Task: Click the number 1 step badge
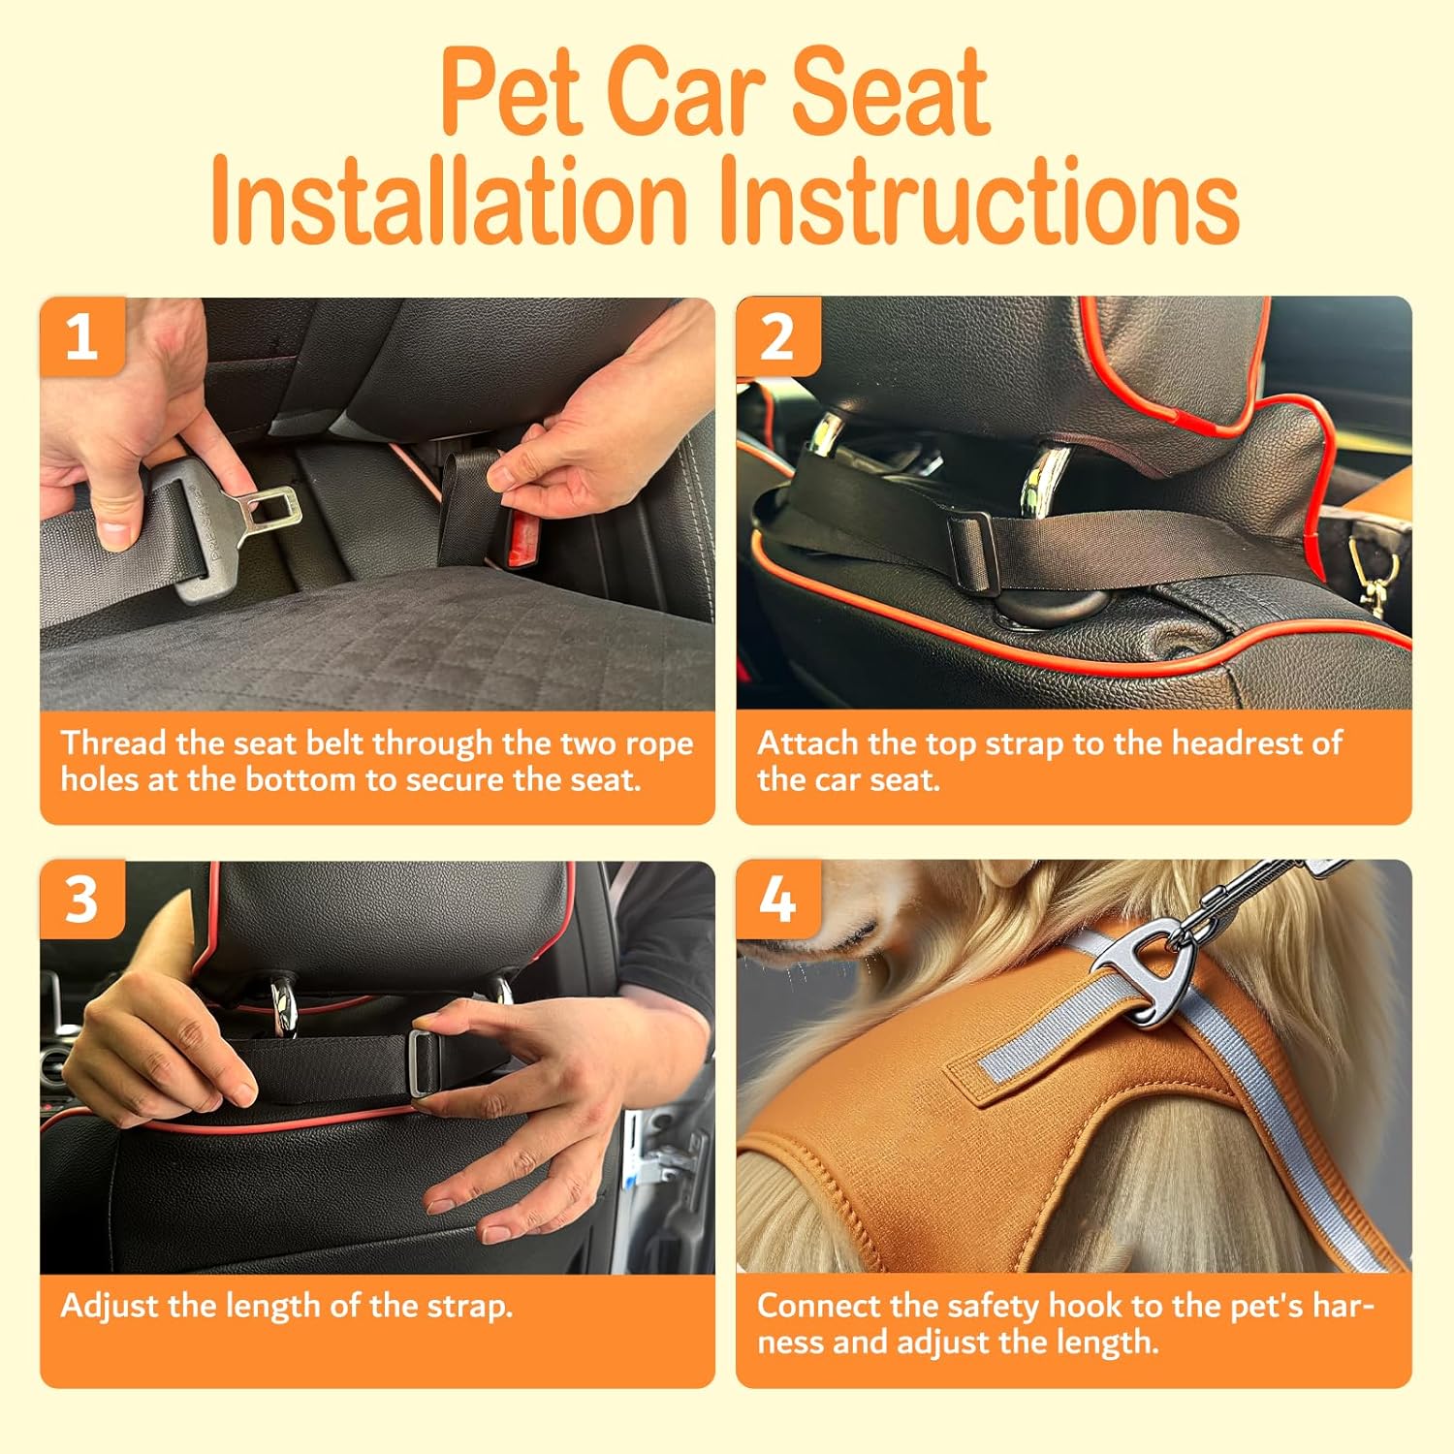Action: pos(82,336)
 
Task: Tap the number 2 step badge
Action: pos(778,336)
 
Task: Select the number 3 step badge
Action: pos(82,900)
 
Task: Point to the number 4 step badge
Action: pos(778,900)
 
